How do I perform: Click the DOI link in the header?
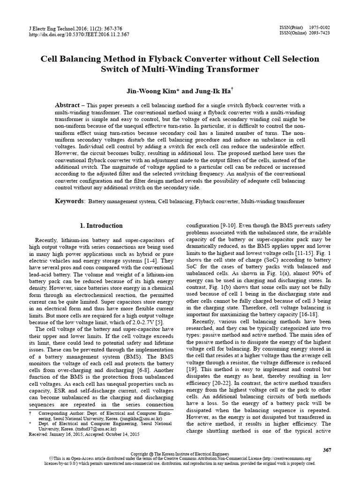pos(79,35)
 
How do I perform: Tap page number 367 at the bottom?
pos(327,450)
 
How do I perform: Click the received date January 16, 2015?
pos(65,434)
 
